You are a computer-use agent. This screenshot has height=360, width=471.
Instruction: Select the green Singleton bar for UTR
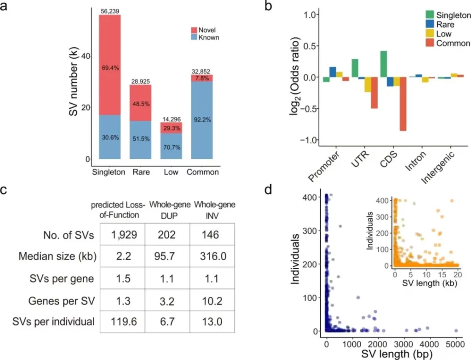[355, 68]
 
